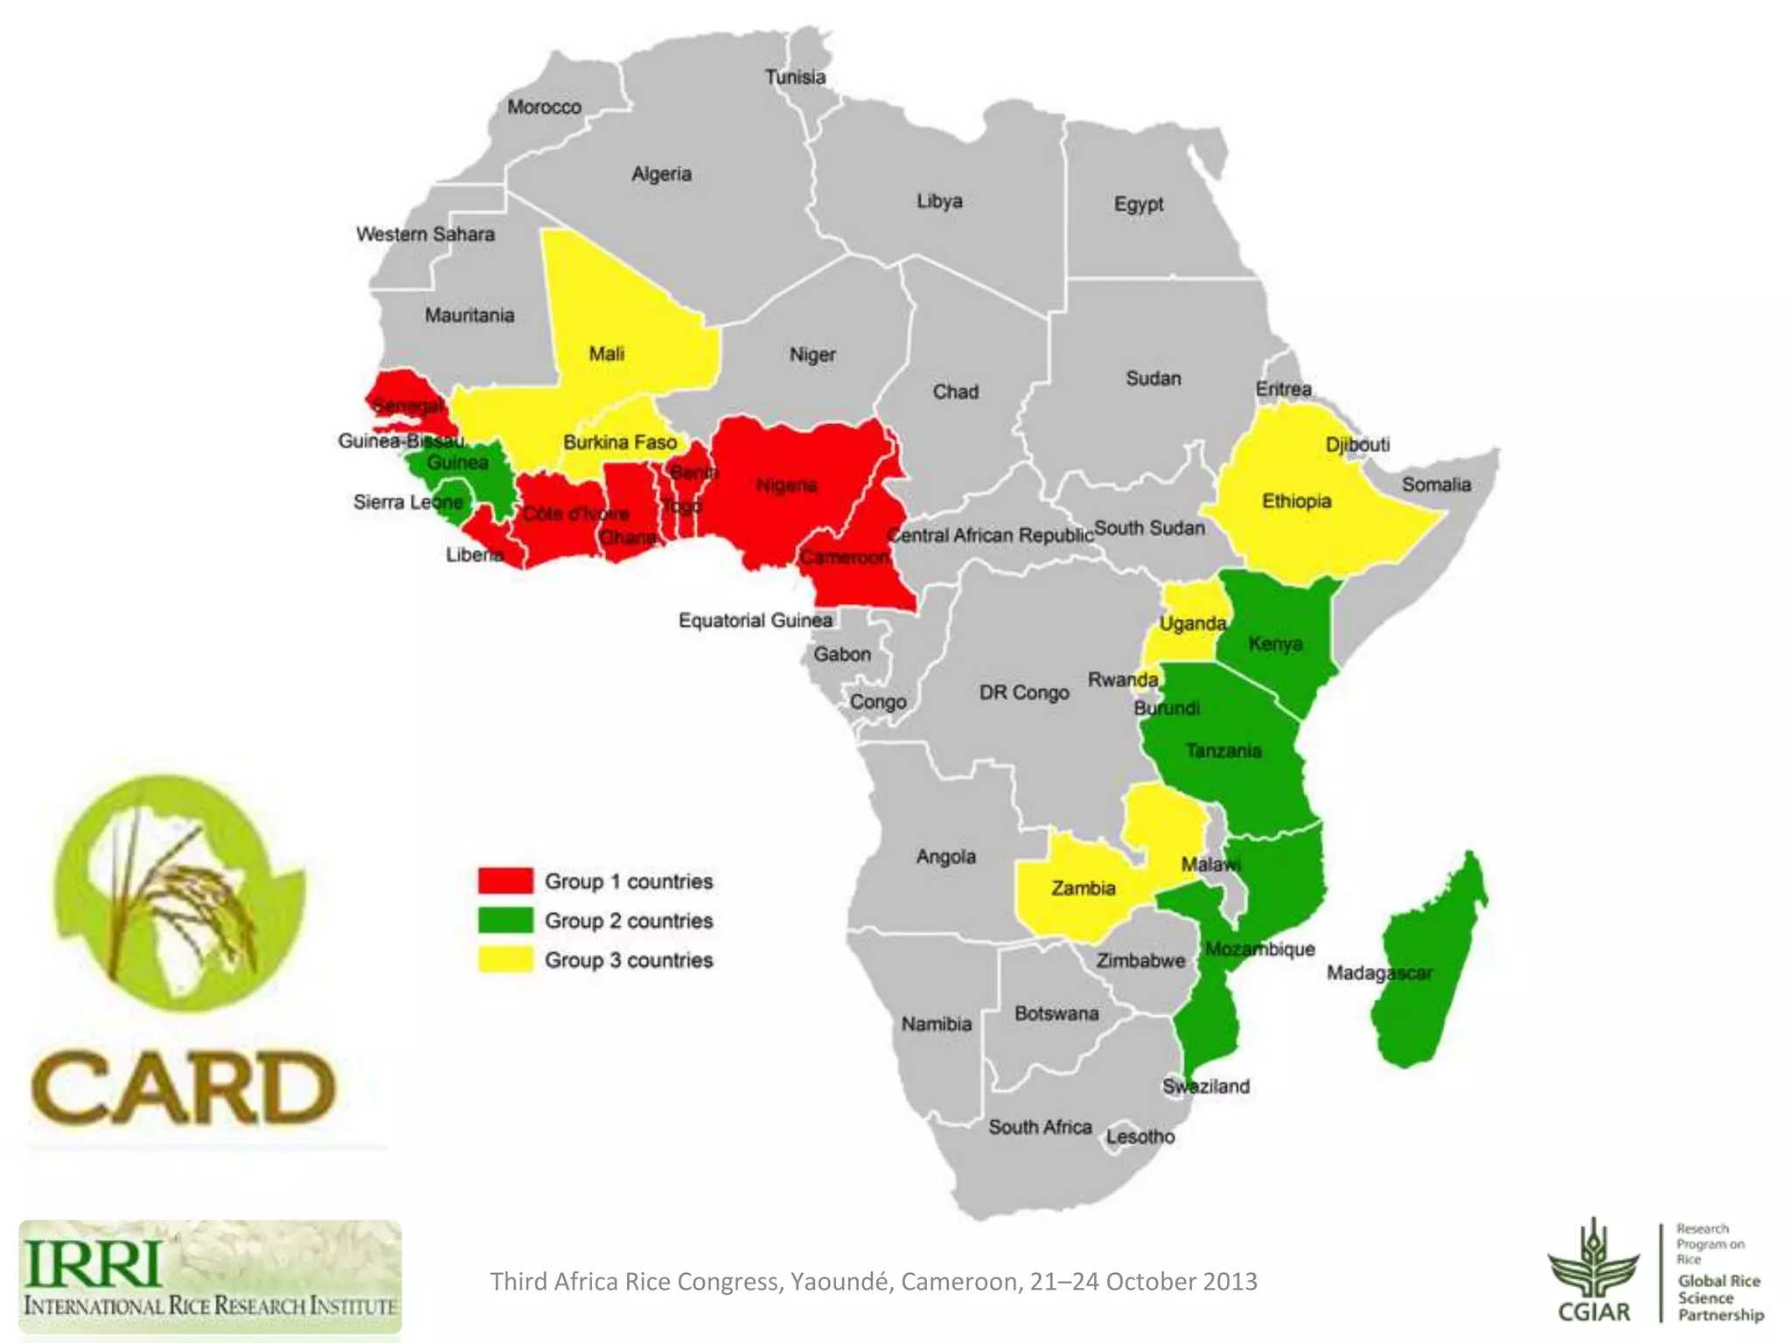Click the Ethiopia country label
click(1296, 501)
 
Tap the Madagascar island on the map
click(1425, 971)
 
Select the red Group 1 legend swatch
click(505, 880)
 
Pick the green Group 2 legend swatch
click(505, 920)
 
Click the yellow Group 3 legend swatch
click(505, 959)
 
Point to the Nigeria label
click(786, 485)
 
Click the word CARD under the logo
click(183, 1089)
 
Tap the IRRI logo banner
click(210, 1277)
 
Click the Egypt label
click(1138, 204)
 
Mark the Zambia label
click(1083, 888)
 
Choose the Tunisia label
click(795, 77)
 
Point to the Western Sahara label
click(425, 234)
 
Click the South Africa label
click(1040, 1127)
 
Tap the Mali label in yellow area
click(606, 354)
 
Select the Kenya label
click(1275, 644)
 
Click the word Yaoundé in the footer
click(840, 1282)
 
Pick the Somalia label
click(1436, 484)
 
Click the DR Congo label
click(1023, 692)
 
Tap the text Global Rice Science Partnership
click(1719, 1298)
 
